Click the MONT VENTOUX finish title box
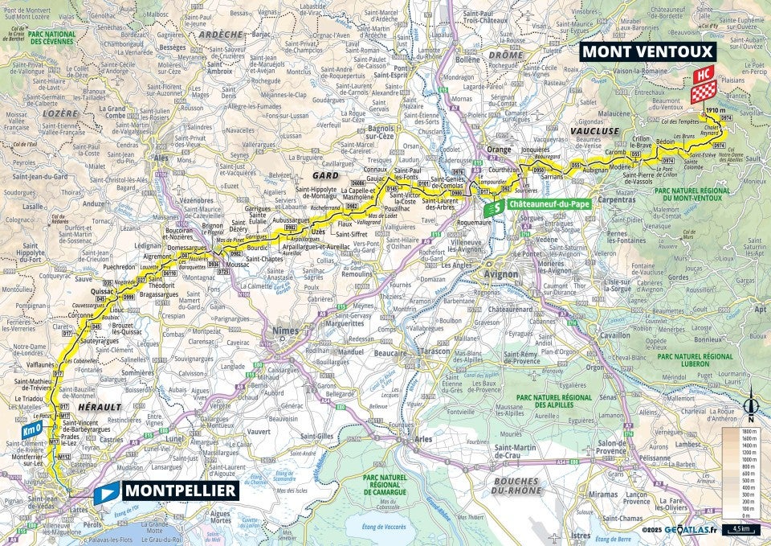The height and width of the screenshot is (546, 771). coord(647,51)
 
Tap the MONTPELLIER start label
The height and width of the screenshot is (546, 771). coord(179,491)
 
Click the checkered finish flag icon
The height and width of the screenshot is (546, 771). coord(704,93)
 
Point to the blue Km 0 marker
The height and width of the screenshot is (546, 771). coord(31,429)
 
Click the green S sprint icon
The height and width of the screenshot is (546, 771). coord(496,207)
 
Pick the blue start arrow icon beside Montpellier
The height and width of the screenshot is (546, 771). coord(105,492)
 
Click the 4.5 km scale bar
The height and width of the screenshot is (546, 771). coord(741,528)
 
